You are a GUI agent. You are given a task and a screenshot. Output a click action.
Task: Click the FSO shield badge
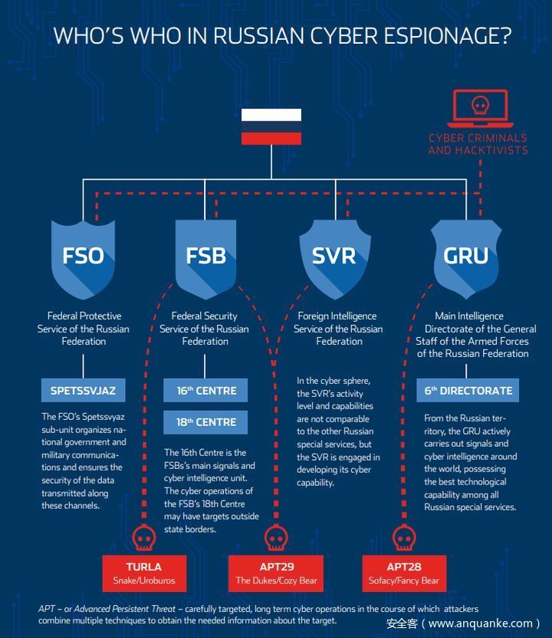click(x=83, y=255)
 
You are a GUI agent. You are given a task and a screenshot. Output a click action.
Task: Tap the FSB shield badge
click(x=205, y=255)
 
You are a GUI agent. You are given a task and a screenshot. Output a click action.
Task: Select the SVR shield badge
click(x=334, y=255)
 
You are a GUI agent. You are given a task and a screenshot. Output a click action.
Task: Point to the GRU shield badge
click(x=466, y=255)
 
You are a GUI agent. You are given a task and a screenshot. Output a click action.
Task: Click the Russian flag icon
click(x=271, y=127)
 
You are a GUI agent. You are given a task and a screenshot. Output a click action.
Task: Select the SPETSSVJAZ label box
click(x=83, y=390)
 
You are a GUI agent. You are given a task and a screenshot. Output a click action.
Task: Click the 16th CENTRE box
click(x=205, y=390)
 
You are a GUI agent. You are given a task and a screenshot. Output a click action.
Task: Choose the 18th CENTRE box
click(x=205, y=421)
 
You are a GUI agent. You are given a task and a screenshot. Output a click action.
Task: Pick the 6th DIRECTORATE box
click(x=468, y=390)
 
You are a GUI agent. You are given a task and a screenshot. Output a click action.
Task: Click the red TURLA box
click(x=144, y=573)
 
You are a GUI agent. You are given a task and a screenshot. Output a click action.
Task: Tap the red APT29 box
click(x=276, y=573)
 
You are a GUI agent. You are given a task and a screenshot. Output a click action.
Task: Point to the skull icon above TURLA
click(x=143, y=537)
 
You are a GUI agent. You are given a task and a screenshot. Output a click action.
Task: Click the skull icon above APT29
click(x=275, y=537)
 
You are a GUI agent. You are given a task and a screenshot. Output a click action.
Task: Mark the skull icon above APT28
click(x=401, y=537)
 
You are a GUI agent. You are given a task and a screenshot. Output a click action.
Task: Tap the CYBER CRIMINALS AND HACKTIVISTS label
click(x=478, y=144)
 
